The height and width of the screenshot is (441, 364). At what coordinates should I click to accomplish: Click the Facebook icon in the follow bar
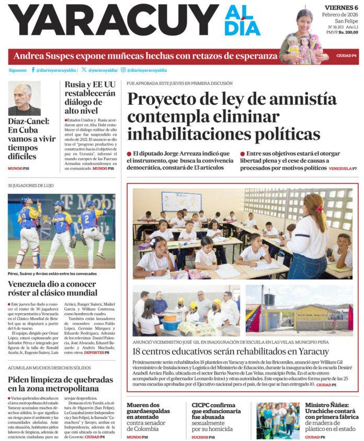[33, 70]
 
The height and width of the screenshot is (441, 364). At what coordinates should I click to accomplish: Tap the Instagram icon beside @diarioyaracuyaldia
[123, 70]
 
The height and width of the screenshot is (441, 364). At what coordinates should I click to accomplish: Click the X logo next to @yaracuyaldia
[84, 70]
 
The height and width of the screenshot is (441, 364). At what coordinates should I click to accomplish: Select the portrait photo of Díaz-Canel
[24, 98]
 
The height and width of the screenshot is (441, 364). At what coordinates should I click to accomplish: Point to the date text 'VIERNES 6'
[341, 7]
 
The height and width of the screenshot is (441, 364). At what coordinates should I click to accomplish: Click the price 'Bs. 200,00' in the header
[348, 32]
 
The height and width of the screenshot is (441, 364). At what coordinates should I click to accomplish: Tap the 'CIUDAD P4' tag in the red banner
[346, 56]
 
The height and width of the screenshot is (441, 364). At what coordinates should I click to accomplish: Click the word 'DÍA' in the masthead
[242, 27]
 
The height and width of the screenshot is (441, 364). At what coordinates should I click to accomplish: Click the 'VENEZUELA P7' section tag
[343, 169]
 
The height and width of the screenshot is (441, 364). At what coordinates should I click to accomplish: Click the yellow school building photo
[299, 311]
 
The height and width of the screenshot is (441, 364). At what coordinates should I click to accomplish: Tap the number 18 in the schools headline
[138, 351]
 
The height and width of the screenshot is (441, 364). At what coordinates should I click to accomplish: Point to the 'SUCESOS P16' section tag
[203, 436]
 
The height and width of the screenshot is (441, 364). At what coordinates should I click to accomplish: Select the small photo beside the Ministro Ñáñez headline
[278, 420]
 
